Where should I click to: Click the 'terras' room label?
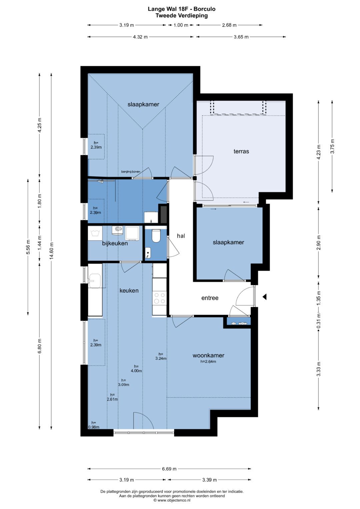[x=241, y=151]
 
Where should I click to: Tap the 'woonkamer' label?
[x=208, y=355]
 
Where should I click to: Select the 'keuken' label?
[x=129, y=290]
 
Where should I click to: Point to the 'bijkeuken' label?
[x=115, y=243]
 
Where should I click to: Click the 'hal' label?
[x=181, y=236]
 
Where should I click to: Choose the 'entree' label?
[x=210, y=298]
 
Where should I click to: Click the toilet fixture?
[x=156, y=235]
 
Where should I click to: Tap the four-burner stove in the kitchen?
[x=159, y=298]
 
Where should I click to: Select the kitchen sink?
[x=95, y=281]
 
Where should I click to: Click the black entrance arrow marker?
[x=264, y=297]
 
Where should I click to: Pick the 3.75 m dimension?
[x=332, y=146]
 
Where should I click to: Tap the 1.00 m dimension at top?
[x=181, y=25]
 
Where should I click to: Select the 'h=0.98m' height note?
[x=94, y=425]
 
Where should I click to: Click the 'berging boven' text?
[x=131, y=172]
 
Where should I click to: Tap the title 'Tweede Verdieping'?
[x=181, y=15]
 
